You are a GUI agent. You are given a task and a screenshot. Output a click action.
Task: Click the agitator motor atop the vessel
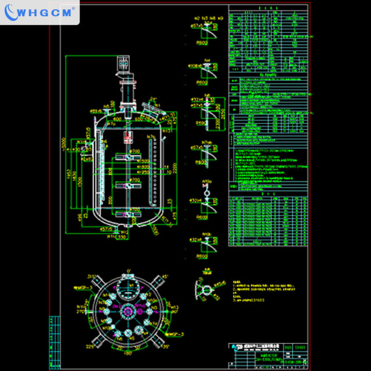click(123, 63)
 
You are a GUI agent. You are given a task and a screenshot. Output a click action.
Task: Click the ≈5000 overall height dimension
click(65, 142)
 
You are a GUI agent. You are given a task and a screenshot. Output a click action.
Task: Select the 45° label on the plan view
click(165, 277)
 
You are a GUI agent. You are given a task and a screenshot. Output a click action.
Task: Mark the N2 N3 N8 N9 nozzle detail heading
click(206, 18)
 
